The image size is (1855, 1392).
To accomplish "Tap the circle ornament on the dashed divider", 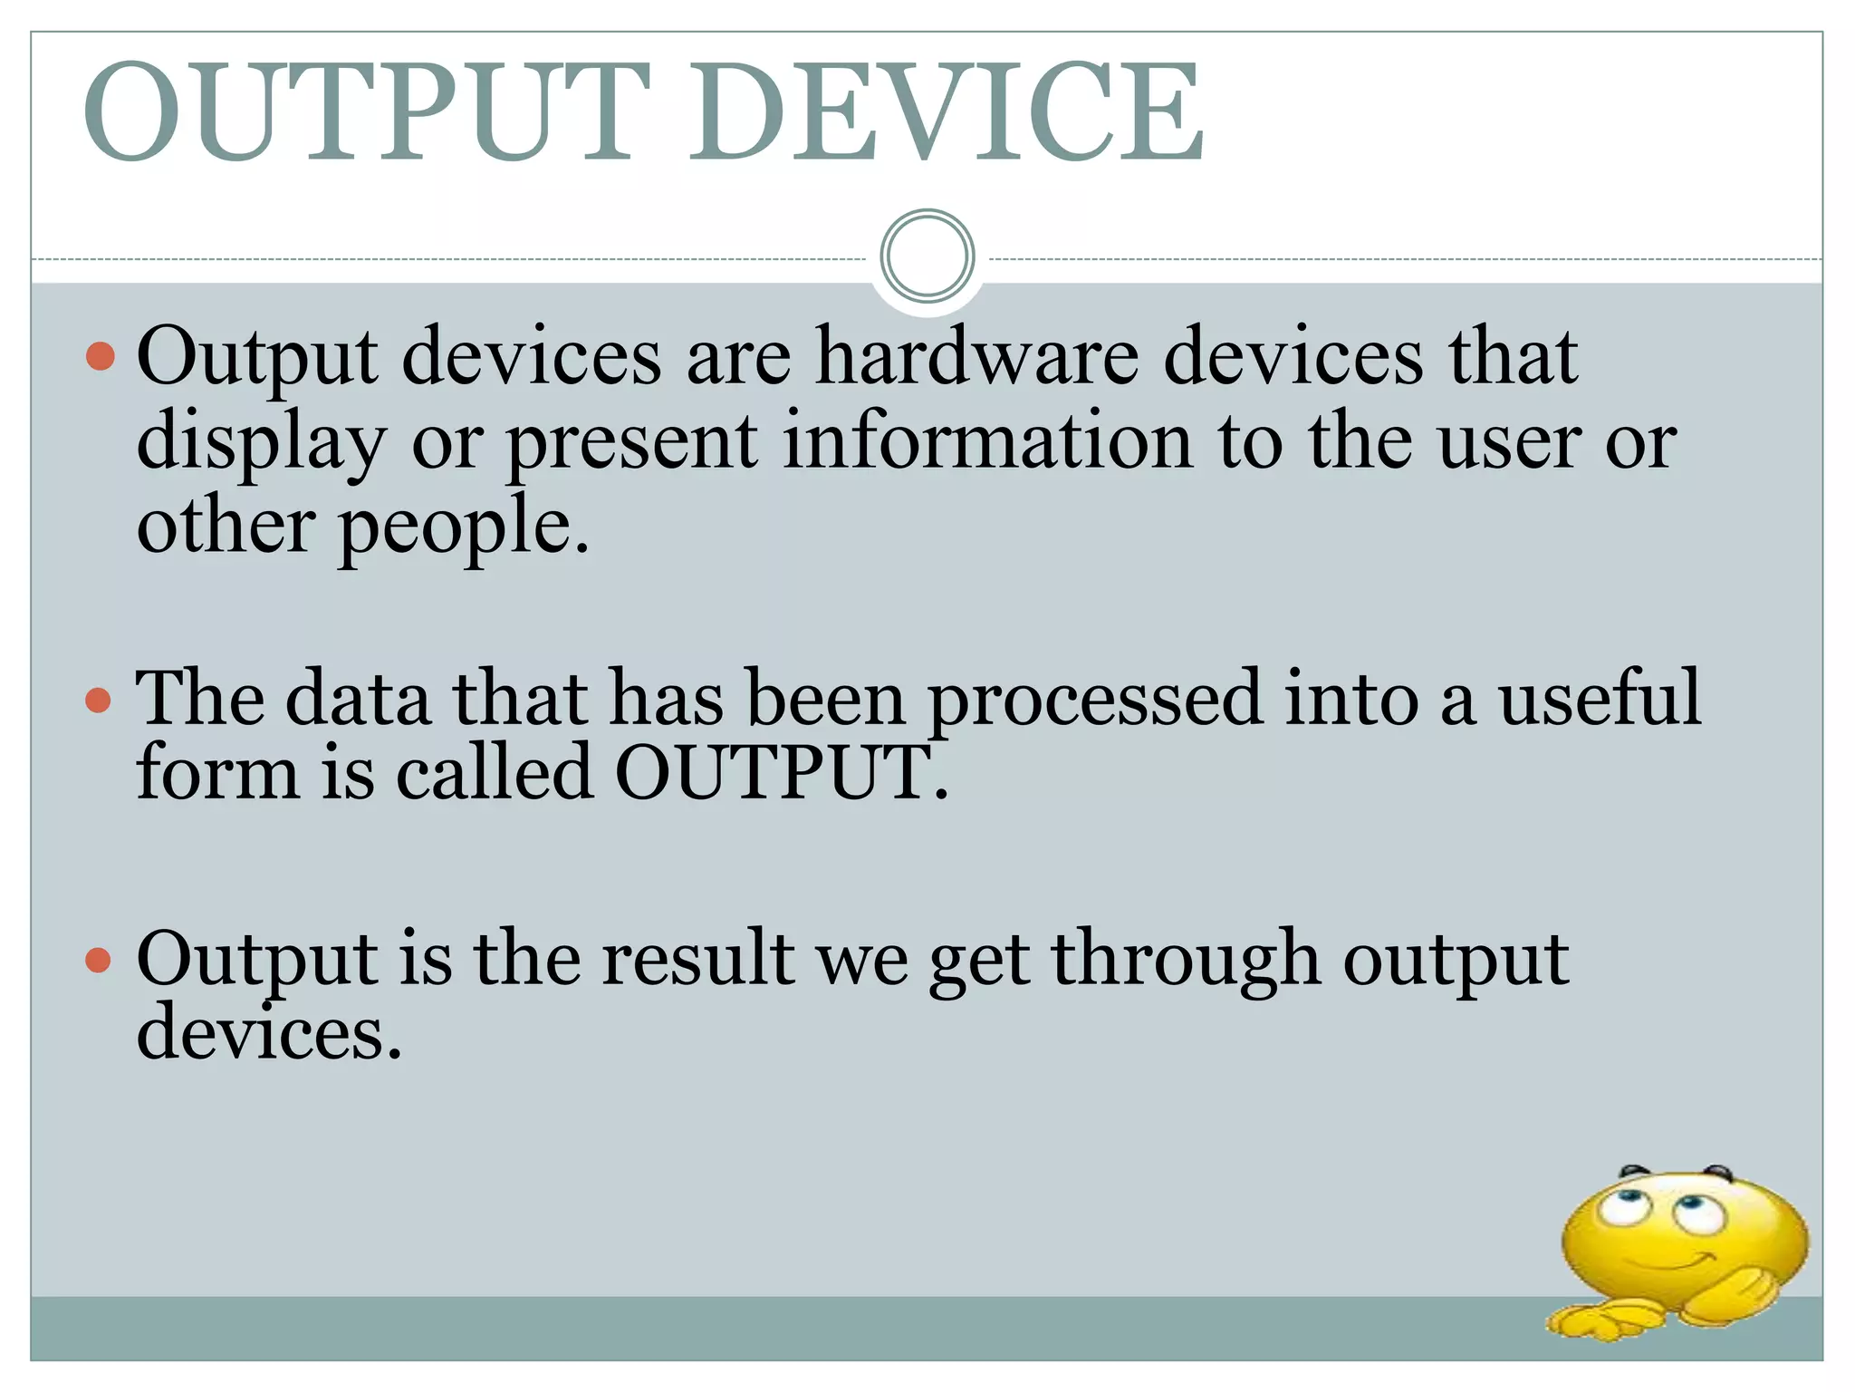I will click(x=927, y=256).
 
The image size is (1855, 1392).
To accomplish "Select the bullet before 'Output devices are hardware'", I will click(x=101, y=356).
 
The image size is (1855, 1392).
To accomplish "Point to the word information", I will click(x=988, y=440).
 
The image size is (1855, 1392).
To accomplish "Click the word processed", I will click(x=1095, y=700).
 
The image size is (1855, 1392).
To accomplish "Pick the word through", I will click(x=1185, y=960).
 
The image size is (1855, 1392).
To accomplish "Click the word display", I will click(x=262, y=442).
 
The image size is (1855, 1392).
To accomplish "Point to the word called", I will click(x=495, y=772).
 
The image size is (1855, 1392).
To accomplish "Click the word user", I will click(x=1509, y=442).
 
